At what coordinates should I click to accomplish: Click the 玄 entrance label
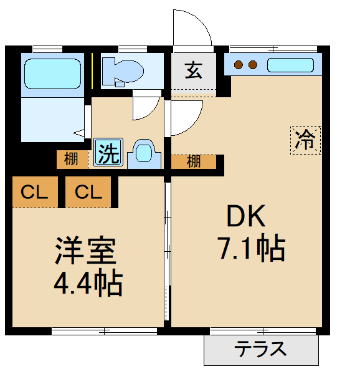click(193, 70)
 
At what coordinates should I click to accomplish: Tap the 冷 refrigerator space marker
click(305, 139)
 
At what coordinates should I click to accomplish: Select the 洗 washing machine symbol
click(108, 153)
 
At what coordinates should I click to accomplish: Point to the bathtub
click(52, 74)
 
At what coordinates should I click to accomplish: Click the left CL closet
click(34, 193)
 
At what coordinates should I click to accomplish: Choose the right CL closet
click(88, 193)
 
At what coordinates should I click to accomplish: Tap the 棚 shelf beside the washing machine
click(72, 160)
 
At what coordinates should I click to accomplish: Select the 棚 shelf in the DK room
click(194, 161)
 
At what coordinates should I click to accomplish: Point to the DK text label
click(246, 217)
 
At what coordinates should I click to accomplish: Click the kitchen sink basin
click(291, 64)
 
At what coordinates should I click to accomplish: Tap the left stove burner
click(237, 64)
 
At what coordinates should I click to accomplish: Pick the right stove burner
click(253, 64)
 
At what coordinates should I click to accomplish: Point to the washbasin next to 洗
click(144, 153)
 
